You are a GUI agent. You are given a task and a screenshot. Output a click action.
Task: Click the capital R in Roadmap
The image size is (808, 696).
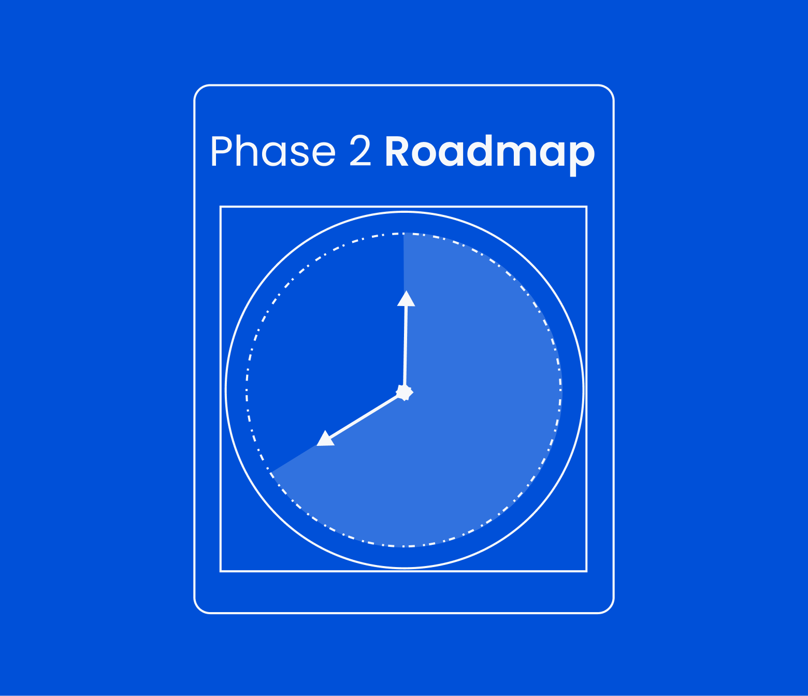397,152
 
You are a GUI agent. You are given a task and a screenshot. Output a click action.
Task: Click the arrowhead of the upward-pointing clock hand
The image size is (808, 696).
406,299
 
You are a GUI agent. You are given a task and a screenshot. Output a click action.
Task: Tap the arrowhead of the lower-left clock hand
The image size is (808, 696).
325,439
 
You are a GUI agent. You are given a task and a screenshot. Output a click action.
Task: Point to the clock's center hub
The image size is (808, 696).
404,392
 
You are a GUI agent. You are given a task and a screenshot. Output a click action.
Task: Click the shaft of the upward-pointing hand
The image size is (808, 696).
406,347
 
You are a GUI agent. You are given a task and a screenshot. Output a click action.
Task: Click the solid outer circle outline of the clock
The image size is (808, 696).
583,390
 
